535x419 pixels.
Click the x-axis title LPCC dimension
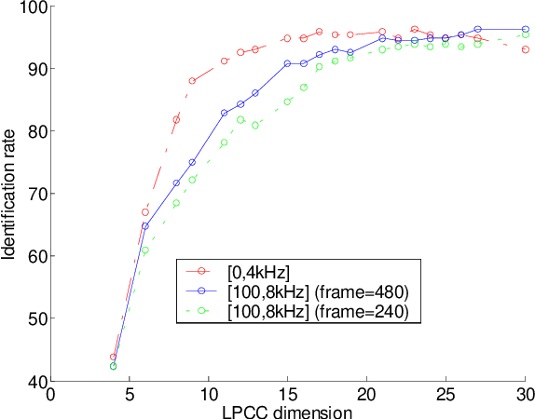point(288,411)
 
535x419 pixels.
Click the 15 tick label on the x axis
point(288,394)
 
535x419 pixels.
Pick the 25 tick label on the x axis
point(446,394)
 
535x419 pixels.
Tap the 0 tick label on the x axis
point(50,394)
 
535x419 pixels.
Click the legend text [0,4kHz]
point(260,271)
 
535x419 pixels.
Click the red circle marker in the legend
point(202,271)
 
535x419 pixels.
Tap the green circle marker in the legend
point(202,312)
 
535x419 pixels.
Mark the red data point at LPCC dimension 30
point(526,49)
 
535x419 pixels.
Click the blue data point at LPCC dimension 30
point(526,29)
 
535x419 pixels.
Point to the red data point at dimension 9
point(193,81)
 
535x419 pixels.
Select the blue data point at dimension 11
point(225,113)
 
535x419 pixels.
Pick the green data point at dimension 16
point(304,87)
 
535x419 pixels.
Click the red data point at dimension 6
point(145,212)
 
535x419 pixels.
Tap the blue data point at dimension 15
point(288,63)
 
